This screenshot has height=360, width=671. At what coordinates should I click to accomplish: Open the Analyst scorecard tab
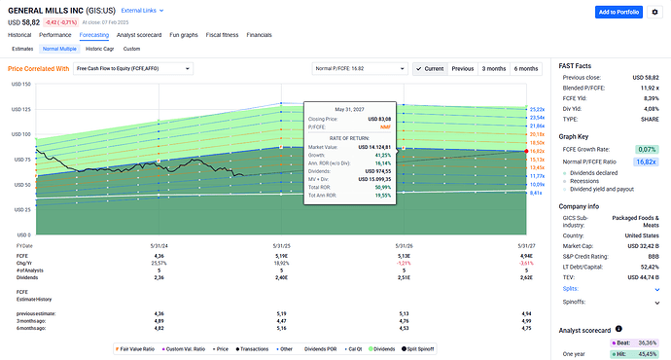click(x=145, y=34)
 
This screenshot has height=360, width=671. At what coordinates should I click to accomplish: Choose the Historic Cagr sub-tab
click(x=98, y=48)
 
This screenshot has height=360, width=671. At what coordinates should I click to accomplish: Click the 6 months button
click(x=526, y=69)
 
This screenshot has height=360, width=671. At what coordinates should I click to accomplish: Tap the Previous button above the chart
click(x=463, y=69)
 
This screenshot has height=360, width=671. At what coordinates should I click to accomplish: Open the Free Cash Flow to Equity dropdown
click(x=136, y=69)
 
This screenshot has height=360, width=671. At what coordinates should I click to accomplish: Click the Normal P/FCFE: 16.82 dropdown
click(x=359, y=69)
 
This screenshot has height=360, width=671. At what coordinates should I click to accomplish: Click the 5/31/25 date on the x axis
click(x=282, y=244)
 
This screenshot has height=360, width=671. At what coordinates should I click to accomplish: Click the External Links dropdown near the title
click(x=142, y=8)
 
